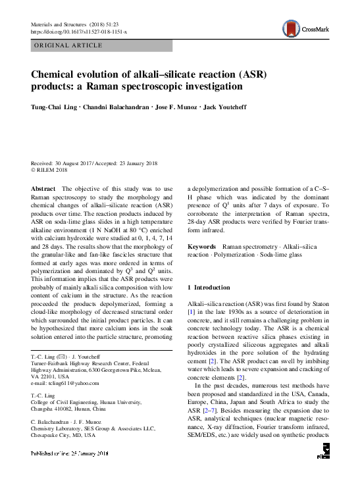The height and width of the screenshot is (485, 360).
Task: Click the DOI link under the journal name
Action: [79, 31]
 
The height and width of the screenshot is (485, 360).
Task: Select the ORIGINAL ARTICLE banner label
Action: [68, 45]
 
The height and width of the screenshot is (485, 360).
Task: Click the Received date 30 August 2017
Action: [76, 163]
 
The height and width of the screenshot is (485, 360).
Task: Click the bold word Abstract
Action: [43, 188]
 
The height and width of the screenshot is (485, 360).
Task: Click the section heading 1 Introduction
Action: [209, 288]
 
